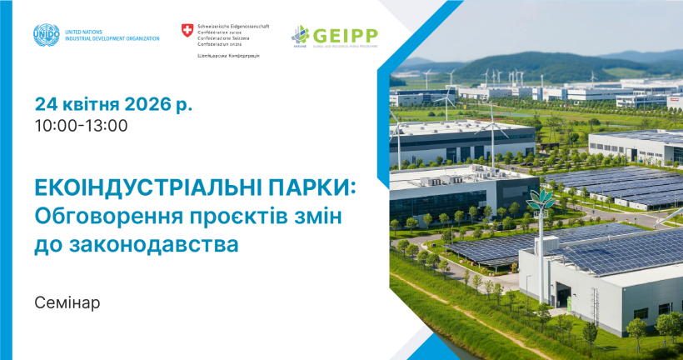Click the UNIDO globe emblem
[x=47, y=35]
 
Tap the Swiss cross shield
[x=187, y=31]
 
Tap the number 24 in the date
[x=46, y=105]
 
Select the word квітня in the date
[x=91, y=105]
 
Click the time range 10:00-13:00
[x=81, y=126]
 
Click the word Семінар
[x=67, y=302]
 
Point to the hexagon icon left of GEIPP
[x=300, y=36]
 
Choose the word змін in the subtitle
[x=320, y=217]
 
